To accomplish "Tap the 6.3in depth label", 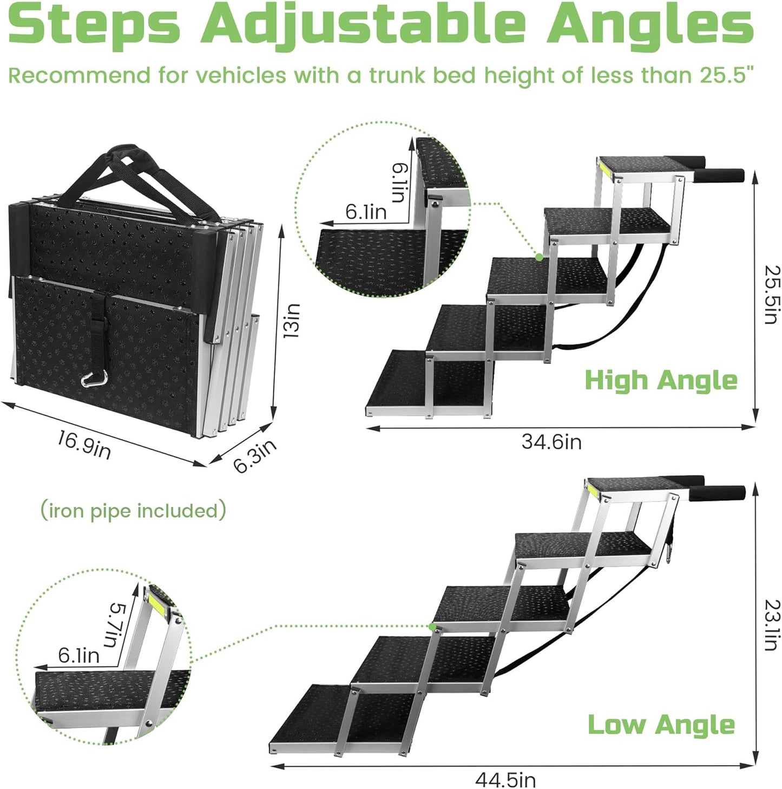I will click(x=254, y=456).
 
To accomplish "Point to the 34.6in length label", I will click(x=551, y=442).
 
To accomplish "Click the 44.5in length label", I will click(x=505, y=780).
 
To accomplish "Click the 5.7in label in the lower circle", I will click(x=116, y=625).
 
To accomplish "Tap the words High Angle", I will click(x=661, y=380).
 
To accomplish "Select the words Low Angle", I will click(x=661, y=725).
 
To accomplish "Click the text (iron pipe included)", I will click(x=133, y=511).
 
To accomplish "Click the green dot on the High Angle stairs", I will click(x=539, y=257).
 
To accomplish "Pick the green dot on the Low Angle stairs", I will click(x=432, y=627).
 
